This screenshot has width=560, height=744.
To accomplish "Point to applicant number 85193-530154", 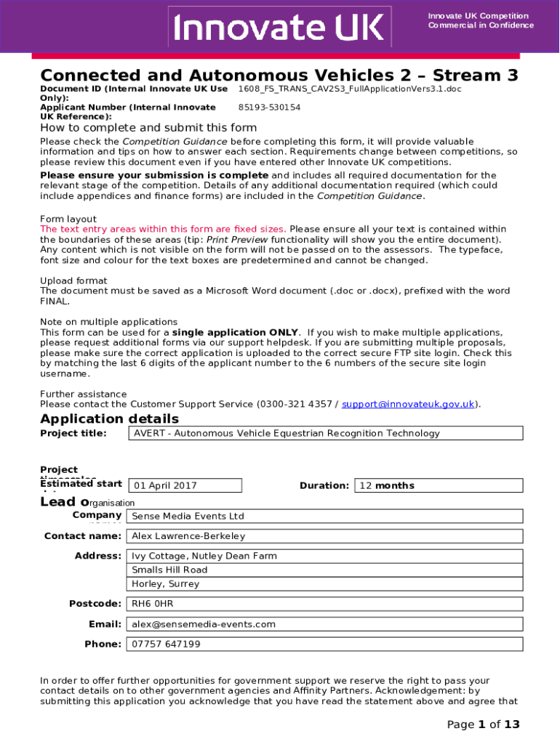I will [x=269, y=108].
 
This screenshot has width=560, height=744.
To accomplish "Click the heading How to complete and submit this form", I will [x=148, y=128].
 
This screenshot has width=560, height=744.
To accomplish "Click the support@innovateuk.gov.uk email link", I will [x=408, y=404].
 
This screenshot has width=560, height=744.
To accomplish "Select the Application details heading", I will [x=109, y=419].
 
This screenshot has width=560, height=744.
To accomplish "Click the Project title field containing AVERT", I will [x=325, y=433].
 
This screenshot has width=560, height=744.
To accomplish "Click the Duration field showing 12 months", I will [x=439, y=485].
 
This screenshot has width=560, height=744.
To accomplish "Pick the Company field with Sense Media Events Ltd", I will [x=325, y=516].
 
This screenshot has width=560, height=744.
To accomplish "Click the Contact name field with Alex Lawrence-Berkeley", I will [x=325, y=536].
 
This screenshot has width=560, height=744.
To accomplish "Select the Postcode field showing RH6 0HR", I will [x=325, y=604].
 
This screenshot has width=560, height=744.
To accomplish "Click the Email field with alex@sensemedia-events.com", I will [x=325, y=624].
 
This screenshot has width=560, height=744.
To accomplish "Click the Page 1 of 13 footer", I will [x=484, y=724].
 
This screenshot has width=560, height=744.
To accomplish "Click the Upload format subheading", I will [x=73, y=280].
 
